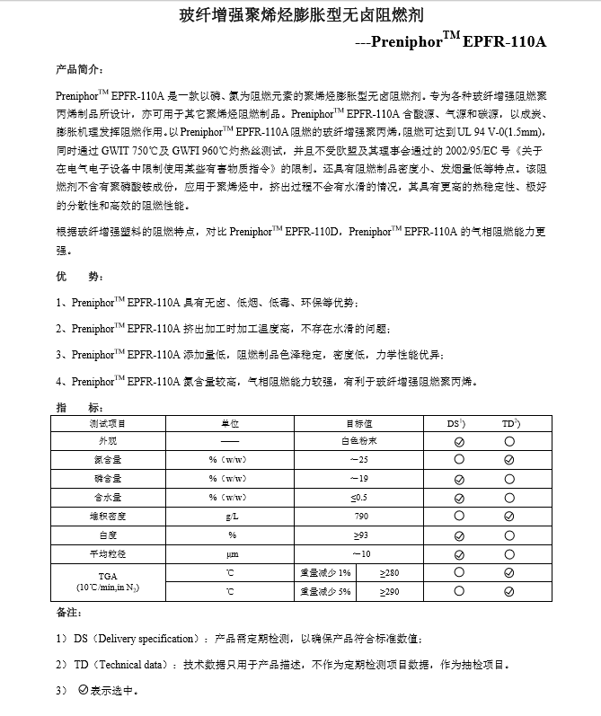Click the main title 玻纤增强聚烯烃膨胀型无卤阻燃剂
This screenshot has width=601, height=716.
click(301, 16)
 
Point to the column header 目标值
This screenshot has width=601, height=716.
click(359, 422)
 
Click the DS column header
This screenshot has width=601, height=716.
click(457, 422)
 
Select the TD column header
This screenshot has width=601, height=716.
click(510, 422)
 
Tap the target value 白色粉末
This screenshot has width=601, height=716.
click(359, 441)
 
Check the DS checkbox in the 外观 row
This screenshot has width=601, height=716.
click(458, 441)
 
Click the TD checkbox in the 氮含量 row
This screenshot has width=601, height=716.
click(510, 460)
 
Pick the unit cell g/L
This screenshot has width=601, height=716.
click(231, 517)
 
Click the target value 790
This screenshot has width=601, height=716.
click(361, 517)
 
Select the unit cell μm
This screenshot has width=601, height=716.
click(231, 553)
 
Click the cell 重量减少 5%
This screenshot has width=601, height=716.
click(326, 591)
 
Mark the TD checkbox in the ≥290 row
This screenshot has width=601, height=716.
click(510, 591)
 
